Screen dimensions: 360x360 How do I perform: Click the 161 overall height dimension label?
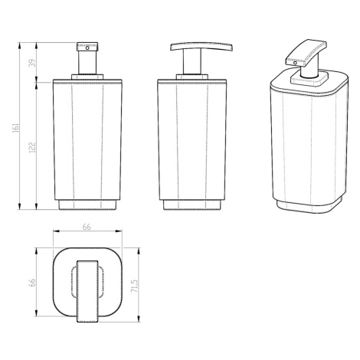pos(15,128)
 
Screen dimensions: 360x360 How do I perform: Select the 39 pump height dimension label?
pos(32,63)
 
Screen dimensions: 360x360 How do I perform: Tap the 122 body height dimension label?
pos(32,148)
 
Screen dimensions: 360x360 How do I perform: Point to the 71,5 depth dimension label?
pos(135,286)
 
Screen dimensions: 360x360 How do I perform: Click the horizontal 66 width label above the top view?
pos(87,227)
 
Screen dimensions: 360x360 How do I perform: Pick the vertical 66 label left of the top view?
pos(32,283)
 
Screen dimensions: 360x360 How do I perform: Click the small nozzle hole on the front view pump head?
pos(87,47)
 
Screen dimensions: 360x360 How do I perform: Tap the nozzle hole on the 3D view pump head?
pos(295,62)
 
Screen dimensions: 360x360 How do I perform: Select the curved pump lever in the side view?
pos(201,46)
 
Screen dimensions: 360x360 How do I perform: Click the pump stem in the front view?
pos(87,63)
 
